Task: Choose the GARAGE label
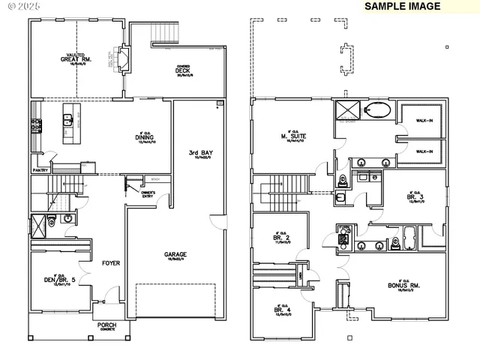175,255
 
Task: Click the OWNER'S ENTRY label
148,194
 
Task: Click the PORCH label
107,325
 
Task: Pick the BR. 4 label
282,310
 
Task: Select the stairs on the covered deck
165,33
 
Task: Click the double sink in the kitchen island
68,118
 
